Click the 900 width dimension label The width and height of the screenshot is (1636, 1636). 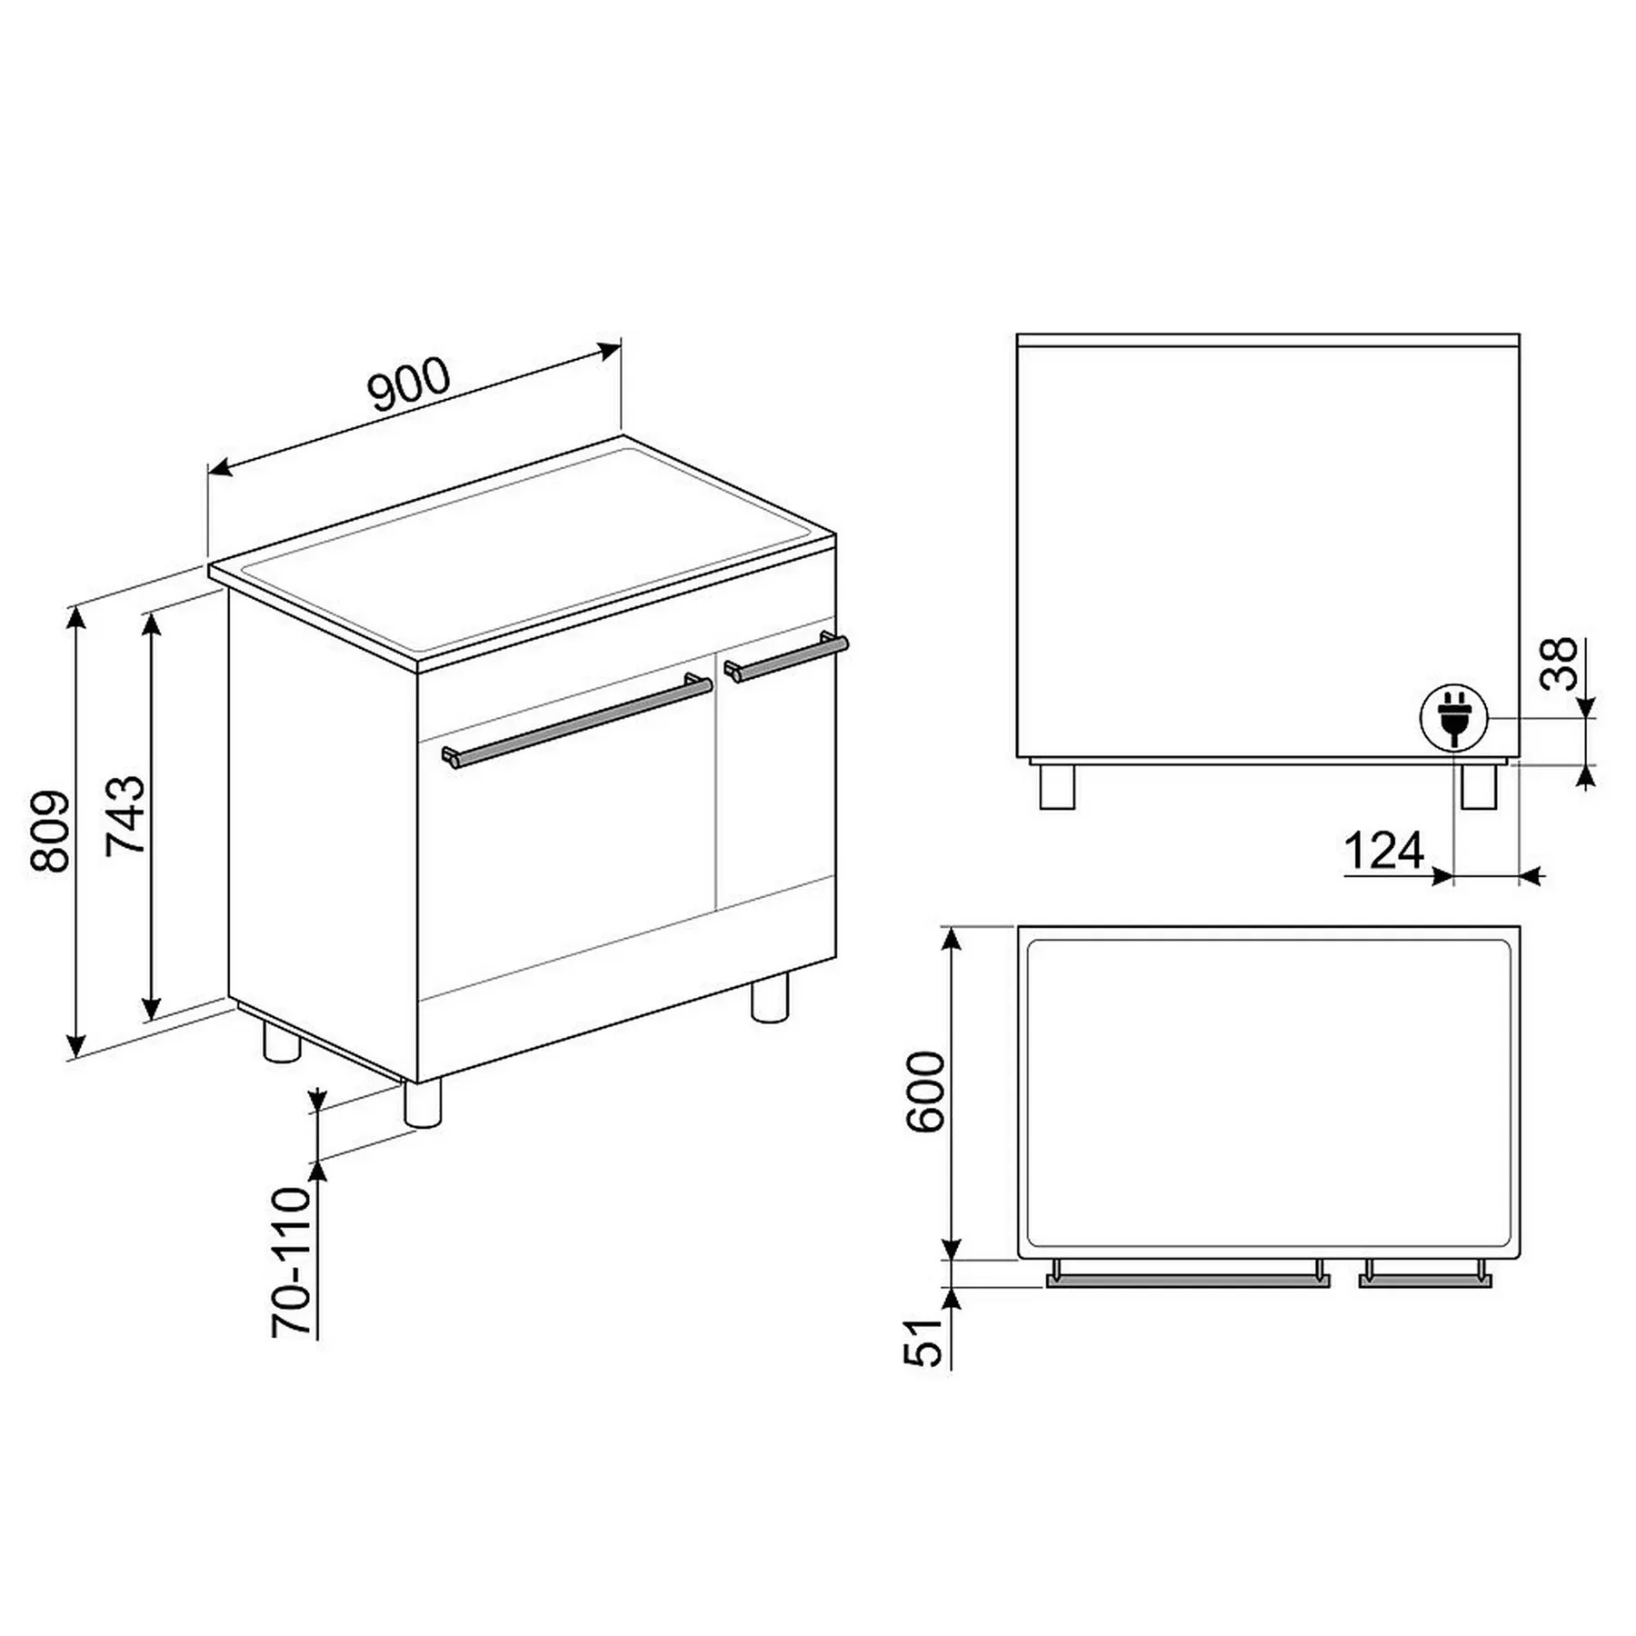pyautogui.click(x=408, y=384)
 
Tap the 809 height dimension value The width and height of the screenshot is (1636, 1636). pyautogui.click(x=51, y=832)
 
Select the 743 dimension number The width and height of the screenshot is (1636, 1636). pyautogui.click(x=126, y=815)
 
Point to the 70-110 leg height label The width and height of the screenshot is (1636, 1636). pyautogui.click(x=292, y=1262)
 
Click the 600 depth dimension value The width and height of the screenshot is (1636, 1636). pyautogui.click(x=926, y=1092)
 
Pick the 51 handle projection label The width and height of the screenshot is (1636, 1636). pyautogui.click(x=924, y=1341)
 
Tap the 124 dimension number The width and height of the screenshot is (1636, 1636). pyautogui.click(x=1383, y=852)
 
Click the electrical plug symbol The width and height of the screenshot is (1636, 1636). pyautogui.click(x=1454, y=718)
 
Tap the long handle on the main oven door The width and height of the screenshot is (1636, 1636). pyautogui.click(x=577, y=721)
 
